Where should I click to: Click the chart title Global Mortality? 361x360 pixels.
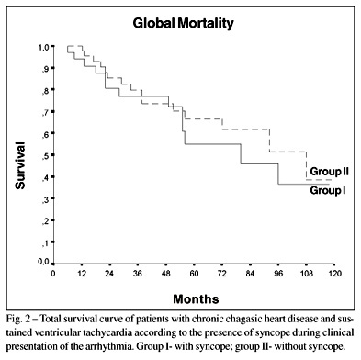183,24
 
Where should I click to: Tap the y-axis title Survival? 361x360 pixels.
20,165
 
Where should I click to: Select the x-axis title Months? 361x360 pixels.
196,298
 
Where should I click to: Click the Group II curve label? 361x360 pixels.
329,171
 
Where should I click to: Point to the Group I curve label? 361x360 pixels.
328,190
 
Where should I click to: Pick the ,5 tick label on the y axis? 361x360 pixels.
46,156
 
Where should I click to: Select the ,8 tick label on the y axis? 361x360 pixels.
46,91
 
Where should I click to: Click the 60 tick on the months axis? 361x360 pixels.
194,273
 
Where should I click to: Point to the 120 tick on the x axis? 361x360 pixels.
334,273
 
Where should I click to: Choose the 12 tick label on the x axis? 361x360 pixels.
81,273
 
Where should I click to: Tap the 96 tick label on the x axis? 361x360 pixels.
278,273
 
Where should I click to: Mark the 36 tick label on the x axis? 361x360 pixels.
138,273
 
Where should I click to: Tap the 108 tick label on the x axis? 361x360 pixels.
307,273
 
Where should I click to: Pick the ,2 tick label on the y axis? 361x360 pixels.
46,221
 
